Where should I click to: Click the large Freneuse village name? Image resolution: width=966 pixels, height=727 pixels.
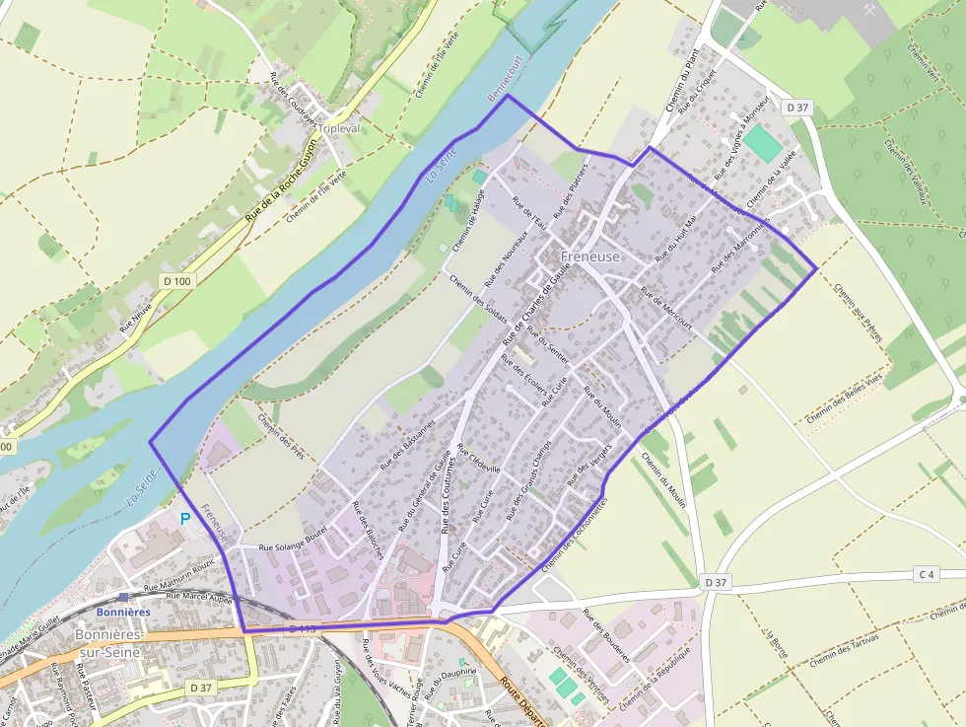point(590,256)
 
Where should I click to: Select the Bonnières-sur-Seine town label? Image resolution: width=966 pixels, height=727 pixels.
point(108,642)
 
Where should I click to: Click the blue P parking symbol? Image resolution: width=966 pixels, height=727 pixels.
point(184,518)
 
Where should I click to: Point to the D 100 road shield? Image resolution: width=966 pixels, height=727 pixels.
point(177,281)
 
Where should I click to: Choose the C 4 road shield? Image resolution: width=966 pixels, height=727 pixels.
point(925,574)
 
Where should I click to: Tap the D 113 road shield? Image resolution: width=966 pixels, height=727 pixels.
point(303,629)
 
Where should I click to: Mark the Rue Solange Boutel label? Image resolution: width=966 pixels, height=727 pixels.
point(292,547)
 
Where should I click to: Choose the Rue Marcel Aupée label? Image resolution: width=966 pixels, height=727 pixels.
point(198,596)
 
